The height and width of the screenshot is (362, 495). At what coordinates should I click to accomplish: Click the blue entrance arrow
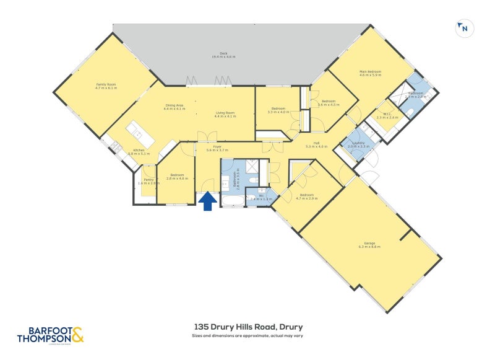click(207, 201)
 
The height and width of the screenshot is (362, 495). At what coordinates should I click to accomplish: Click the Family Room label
click(106, 86)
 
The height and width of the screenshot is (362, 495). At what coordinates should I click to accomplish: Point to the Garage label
click(370, 245)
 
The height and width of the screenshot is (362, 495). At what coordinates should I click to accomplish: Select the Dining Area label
click(174, 107)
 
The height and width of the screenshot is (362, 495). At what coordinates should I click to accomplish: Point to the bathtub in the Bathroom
click(233, 201)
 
